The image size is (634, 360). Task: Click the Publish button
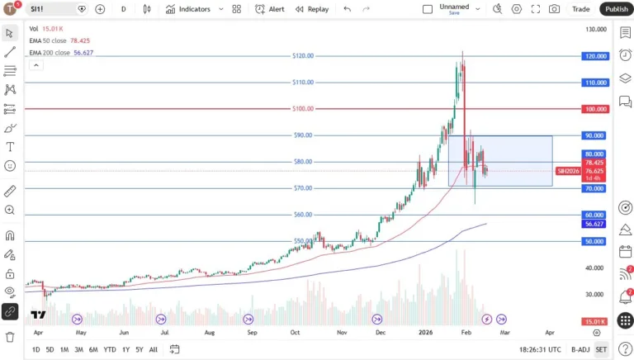point(616,9)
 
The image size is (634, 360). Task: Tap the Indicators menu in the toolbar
point(188,9)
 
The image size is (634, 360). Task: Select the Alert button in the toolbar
point(270,9)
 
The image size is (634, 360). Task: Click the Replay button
point(312,9)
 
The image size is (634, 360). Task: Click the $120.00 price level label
point(303,56)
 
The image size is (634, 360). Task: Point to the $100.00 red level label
point(303,109)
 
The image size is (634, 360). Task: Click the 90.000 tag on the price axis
point(594,135)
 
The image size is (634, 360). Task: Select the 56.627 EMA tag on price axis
point(594,224)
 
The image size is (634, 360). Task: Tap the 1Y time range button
point(125,349)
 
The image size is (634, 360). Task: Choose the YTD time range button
point(109,349)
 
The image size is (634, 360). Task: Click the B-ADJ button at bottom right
point(580,349)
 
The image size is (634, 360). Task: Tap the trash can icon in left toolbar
point(10,337)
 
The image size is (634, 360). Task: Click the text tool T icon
point(10,147)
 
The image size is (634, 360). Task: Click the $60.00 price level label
point(303,215)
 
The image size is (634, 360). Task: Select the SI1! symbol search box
point(51,9)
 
